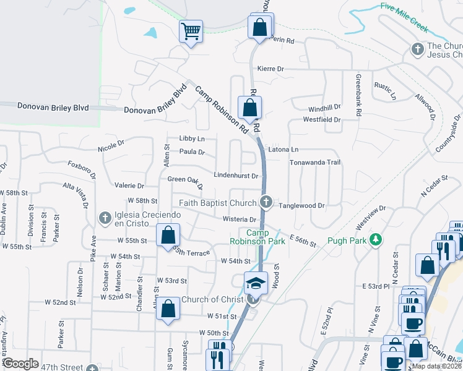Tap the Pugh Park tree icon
(374, 239)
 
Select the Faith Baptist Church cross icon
(266, 202)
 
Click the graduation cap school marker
(256, 283)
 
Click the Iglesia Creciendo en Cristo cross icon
(105, 218)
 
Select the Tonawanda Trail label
(316, 163)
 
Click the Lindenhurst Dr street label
(236, 176)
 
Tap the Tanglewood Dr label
(301, 205)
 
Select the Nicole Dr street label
(111, 149)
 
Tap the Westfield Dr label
(324, 119)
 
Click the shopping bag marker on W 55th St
(168, 236)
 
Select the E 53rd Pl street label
(376, 286)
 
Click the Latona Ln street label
(283, 150)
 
